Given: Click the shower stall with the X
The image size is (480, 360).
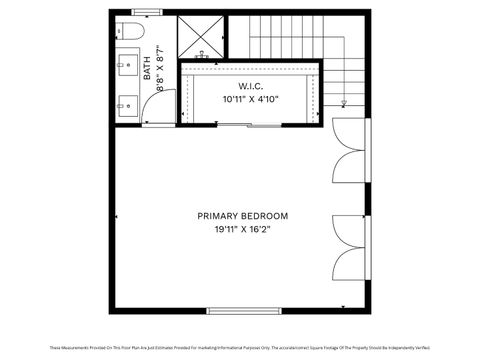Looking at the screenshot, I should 201,37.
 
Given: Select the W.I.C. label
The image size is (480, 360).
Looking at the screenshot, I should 249,86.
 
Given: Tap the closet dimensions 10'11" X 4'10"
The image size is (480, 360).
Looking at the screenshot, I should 249,99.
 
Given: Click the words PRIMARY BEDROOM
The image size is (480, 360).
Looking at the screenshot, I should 242,216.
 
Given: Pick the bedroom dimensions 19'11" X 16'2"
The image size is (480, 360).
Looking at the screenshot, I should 242,229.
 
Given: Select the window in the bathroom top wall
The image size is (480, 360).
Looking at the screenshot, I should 146,12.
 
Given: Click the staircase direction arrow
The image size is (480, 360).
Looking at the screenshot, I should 343,102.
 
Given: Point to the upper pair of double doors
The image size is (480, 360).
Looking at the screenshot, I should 346,151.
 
